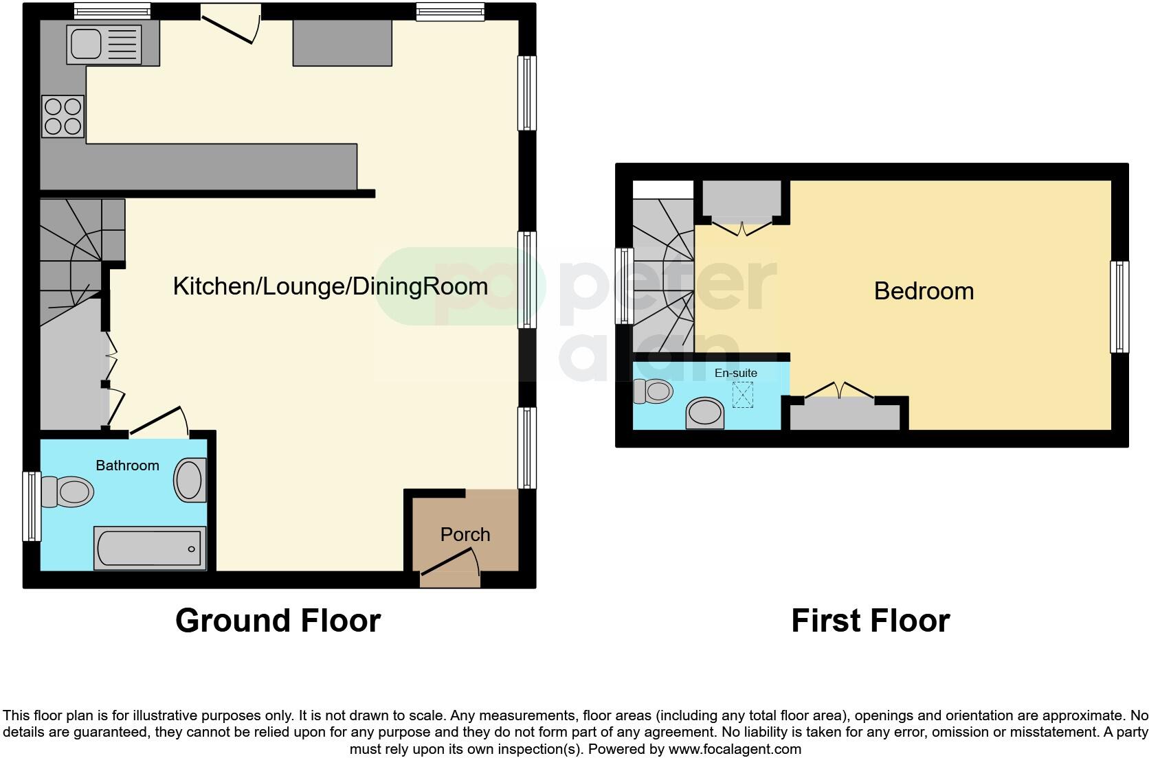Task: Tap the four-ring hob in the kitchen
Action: click(x=63, y=117)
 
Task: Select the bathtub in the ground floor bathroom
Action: click(x=150, y=549)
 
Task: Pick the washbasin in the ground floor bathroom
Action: click(x=190, y=479)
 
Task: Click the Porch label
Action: click(x=465, y=534)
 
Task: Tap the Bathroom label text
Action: click(x=127, y=466)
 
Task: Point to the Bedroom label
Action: click(x=924, y=291)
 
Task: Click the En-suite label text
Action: click(x=736, y=373)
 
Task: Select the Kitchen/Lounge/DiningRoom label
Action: click(x=330, y=286)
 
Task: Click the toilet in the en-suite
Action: click(x=653, y=391)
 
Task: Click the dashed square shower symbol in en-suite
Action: click(x=742, y=395)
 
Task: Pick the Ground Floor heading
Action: click(x=278, y=621)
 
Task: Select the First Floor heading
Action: click(x=870, y=621)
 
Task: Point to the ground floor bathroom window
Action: click(x=32, y=506)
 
